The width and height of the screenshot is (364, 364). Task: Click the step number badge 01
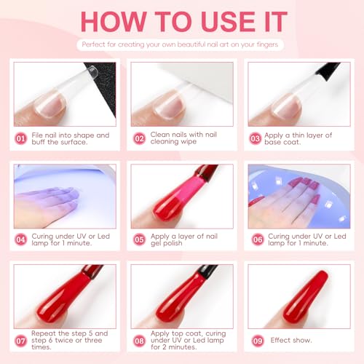pyautogui.click(x=20, y=138)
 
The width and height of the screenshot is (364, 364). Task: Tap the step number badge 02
pyautogui.click(x=139, y=138)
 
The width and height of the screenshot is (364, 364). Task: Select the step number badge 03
pyautogui.click(x=256, y=138)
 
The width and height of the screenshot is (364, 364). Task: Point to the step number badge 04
pyautogui.click(x=20, y=240)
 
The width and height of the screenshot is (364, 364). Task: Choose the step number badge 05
pyautogui.click(x=139, y=240)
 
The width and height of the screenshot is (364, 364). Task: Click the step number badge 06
pyautogui.click(x=258, y=240)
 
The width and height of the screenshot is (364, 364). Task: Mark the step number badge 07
pyautogui.click(x=20, y=341)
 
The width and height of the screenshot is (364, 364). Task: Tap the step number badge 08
pyautogui.click(x=139, y=341)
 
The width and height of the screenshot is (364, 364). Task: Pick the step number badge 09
pyautogui.click(x=258, y=341)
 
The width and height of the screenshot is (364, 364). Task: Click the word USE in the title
pyautogui.click(x=228, y=21)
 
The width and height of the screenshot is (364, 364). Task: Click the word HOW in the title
pyautogui.click(x=114, y=21)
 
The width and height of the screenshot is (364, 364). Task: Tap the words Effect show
pyautogui.click(x=291, y=340)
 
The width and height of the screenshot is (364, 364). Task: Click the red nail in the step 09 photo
pyautogui.click(x=306, y=297)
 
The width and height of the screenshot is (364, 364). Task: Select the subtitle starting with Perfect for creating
pyautogui.click(x=180, y=44)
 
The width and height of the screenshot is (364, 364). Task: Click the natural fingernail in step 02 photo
pyautogui.click(x=169, y=104)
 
